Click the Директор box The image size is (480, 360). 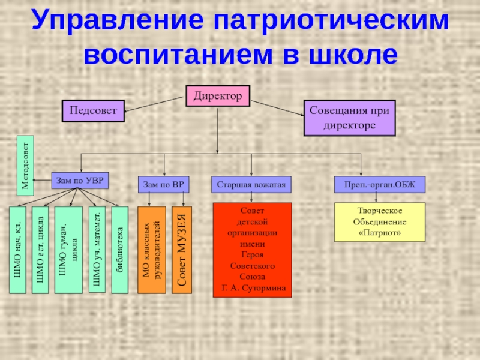(218, 95)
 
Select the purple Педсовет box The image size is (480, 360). (92, 110)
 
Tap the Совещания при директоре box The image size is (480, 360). (349, 117)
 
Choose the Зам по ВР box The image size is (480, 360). (164, 184)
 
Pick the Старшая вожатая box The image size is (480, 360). (251, 184)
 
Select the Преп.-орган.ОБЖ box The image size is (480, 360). (379, 184)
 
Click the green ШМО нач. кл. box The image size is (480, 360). (17, 250)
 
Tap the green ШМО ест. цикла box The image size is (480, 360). (40, 250)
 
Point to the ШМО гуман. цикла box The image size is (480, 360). (68, 250)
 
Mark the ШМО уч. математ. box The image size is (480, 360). (97, 248)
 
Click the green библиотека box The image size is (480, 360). (120, 250)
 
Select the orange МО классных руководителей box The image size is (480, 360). (151, 250)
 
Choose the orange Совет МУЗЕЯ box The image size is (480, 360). (182, 250)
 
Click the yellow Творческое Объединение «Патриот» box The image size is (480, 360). (379, 222)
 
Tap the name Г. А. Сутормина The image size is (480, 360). (253, 289)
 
